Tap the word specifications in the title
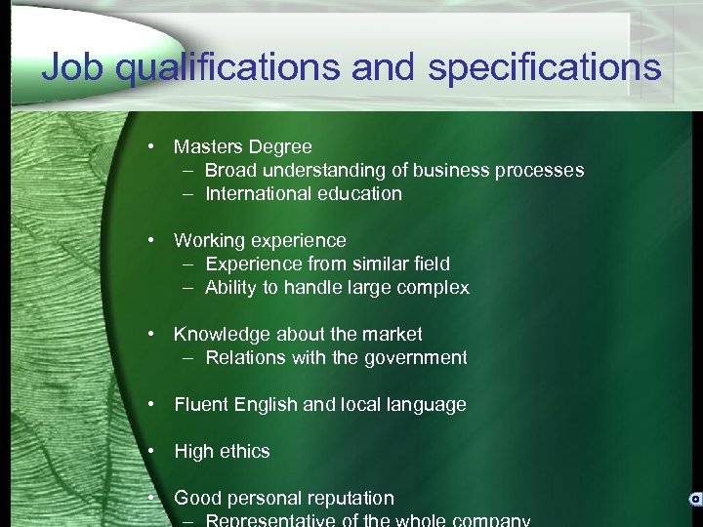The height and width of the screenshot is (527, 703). tap(544, 68)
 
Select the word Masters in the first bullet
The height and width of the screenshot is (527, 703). tap(208, 147)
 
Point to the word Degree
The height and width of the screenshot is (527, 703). tap(280, 147)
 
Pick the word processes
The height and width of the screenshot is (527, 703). tap(539, 171)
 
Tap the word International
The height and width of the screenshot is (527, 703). tap(256, 194)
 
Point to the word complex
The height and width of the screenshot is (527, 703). tap(434, 288)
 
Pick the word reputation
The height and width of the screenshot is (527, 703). tap(347, 499)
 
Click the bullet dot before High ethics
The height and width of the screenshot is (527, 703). tap(153, 451)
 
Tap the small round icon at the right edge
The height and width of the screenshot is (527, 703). tap(695, 499)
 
